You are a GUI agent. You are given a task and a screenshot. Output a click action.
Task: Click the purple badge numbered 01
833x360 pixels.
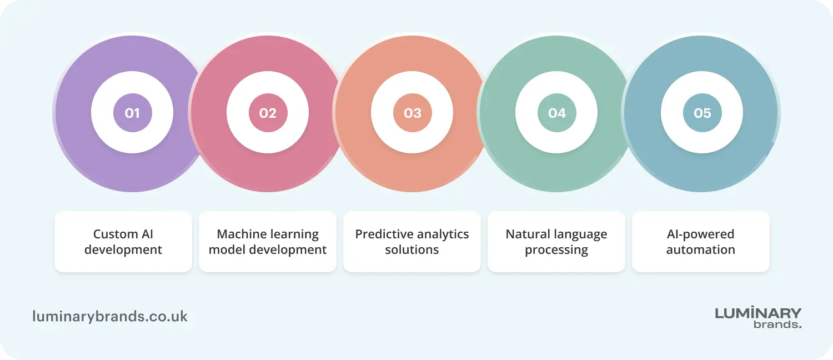[132, 113]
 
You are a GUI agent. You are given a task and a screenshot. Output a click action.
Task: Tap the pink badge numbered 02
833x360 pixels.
[268, 113]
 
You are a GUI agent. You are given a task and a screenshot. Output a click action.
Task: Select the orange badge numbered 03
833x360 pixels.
[412, 113]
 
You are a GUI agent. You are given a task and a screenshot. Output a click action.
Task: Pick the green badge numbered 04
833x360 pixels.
[556, 113]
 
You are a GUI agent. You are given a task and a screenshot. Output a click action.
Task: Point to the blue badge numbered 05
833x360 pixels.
[702, 113]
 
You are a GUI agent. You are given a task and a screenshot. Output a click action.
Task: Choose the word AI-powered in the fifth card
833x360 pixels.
[701, 234]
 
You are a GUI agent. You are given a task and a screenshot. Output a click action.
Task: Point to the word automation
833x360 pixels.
[701, 250]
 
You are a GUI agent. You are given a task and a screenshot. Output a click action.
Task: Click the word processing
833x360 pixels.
[556, 250]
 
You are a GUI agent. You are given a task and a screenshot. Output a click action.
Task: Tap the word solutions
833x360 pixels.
[412, 250]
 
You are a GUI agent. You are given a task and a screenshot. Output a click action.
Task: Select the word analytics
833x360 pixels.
[443, 234]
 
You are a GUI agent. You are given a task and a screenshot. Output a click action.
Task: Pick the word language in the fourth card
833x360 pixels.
[581, 234]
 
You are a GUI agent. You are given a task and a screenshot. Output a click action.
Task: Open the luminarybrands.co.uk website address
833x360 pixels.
[110, 317]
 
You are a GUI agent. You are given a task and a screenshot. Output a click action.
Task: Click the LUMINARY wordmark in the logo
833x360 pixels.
[758, 313]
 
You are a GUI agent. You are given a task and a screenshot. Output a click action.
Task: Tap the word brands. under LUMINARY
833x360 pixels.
[777, 324]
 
